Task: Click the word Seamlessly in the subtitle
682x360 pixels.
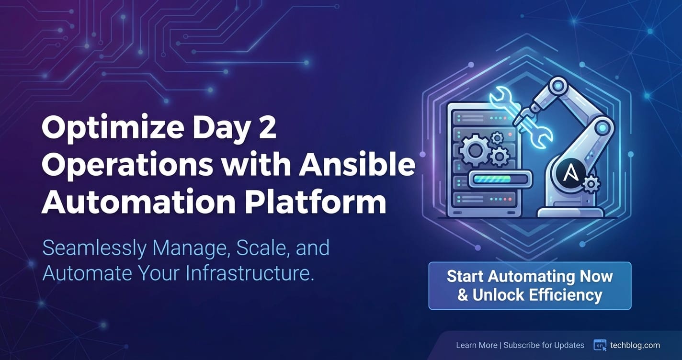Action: point(94,248)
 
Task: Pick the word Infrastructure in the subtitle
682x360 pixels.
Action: point(250,273)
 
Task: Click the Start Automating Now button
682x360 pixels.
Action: point(530,286)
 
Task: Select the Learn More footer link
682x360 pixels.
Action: point(477,345)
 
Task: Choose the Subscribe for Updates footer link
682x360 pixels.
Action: point(544,345)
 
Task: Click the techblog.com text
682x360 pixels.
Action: point(635,345)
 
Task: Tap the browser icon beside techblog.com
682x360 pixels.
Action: point(600,345)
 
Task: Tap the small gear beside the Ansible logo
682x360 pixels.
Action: point(591,184)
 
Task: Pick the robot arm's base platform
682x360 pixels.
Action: point(570,212)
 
